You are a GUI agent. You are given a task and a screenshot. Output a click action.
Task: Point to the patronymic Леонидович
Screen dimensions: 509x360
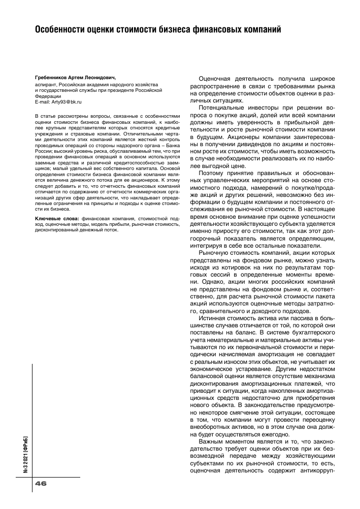[x=105, y=78]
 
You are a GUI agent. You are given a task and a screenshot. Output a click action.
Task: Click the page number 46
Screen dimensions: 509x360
[x=41, y=483]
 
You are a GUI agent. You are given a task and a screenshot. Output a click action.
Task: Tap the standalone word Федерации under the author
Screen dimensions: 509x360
[x=47, y=96]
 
